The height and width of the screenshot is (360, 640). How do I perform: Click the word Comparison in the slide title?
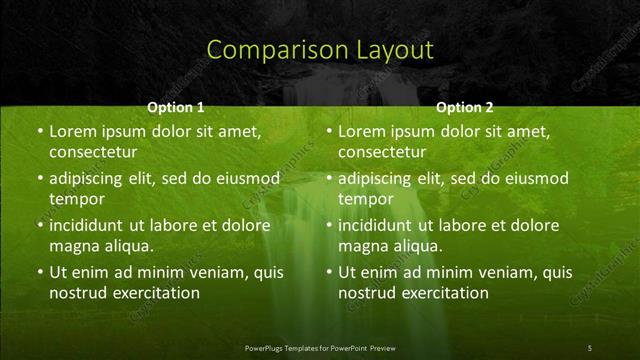[x=265, y=49]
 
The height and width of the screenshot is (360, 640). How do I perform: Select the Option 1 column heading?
[x=176, y=107]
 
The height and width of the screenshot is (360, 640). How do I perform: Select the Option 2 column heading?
[x=465, y=107]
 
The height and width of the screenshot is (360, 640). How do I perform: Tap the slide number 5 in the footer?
[x=589, y=347]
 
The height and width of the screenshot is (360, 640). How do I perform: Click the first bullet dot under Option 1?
[x=39, y=132]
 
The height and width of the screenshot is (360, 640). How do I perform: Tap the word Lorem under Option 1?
[x=71, y=131]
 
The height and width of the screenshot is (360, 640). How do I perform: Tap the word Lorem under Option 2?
[x=360, y=131]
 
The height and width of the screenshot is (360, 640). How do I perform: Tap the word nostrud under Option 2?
[x=366, y=293]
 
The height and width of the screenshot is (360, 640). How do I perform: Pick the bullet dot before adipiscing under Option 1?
[x=39, y=179]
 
